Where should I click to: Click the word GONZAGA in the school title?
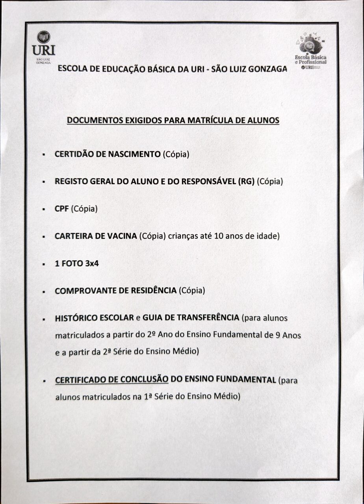[267, 69]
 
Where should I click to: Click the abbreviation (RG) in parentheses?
[246, 182]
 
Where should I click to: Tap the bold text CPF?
[62, 209]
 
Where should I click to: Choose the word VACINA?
[122, 236]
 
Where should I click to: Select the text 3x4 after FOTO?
[91, 263]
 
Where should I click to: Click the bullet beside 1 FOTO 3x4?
[44, 264]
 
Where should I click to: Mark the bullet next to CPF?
[44, 209]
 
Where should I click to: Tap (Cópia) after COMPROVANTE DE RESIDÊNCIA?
[192, 291]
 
